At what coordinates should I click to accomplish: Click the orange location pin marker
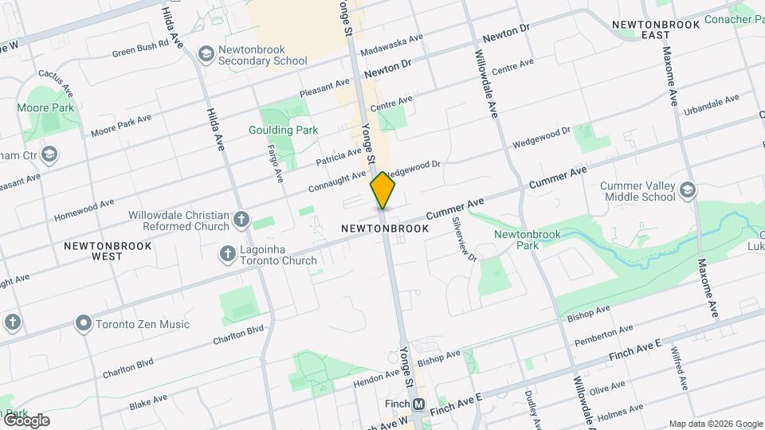(x=383, y=190)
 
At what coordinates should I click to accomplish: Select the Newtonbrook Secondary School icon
(x=206, y=53)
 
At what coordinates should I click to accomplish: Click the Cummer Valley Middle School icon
(x=688, y=190)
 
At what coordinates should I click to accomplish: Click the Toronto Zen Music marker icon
(x=83, y=324)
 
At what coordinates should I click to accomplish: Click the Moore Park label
(x=45, y=107)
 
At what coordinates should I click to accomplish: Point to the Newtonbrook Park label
(x=527, y=239)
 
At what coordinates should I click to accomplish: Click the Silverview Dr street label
(x=464, y=240)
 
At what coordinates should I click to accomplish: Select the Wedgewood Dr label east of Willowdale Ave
(x=541, y=137)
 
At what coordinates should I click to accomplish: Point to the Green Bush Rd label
(x=140, y=48)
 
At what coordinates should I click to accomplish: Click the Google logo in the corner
(x=25, y=420)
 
